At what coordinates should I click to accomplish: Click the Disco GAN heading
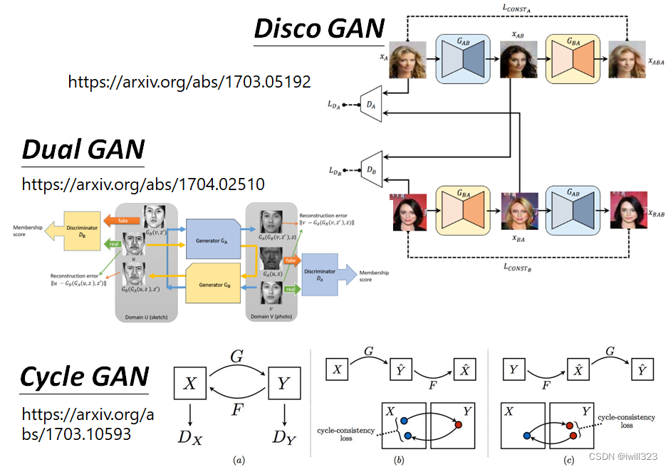coord(319,28)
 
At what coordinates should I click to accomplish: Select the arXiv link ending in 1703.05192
coord(189,82)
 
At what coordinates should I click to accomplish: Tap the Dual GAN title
coord(83,149)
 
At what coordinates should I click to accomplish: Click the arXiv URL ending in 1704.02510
coord(143,184)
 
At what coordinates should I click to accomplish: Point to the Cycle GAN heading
coord(85,376)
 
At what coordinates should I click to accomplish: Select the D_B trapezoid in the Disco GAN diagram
coord(371,170)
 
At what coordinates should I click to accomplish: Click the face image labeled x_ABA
coord(627,58)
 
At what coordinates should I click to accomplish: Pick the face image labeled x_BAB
coord(627,211)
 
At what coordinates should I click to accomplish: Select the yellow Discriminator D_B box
coord(84,231)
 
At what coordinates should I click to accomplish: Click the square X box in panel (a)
coord(190,383)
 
